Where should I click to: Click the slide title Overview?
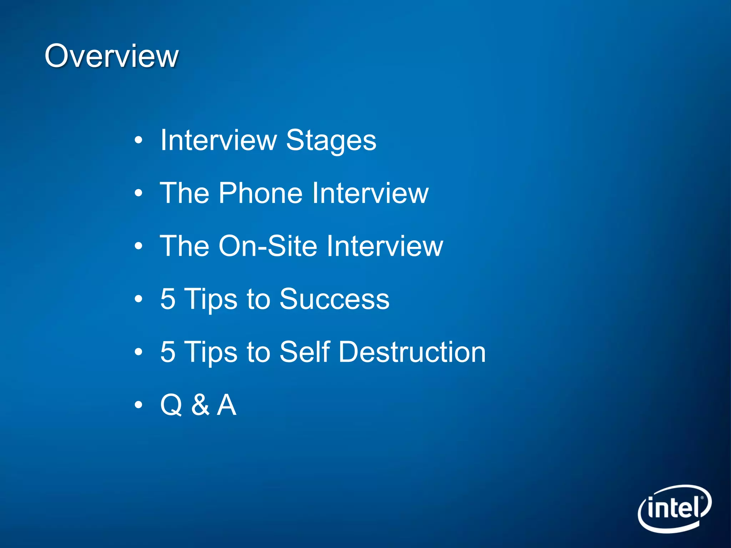coord(111,56)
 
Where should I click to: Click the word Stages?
coord(331,140)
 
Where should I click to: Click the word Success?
coord(334,299)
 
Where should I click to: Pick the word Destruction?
coord(412,352)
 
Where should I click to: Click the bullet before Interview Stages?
coord(138,140)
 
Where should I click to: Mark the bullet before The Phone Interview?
coord(138,193)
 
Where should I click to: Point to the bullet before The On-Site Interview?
coord(138,246)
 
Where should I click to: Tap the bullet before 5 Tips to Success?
coord(138,299)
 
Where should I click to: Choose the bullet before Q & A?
coord(138,405)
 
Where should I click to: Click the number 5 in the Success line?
coord(168,299)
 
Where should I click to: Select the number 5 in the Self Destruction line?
coord(168,352)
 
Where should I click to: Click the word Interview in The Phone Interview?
coord(370,193)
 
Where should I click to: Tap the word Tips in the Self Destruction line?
coord(211,352)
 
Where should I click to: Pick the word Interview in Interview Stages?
coord(218,140)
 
